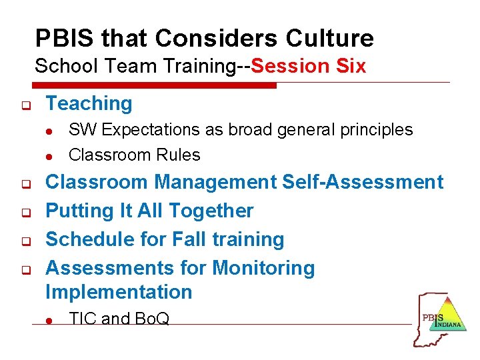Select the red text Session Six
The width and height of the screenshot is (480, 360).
coord(309,66)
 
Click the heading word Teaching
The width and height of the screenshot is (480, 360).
coord(89,103)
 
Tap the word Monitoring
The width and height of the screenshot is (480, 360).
coord(263,267)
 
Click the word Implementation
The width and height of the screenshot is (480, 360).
coord(119,291)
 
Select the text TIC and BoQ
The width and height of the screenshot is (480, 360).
coord(119,319)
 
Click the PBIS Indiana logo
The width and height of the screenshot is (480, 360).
coord(439,319)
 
